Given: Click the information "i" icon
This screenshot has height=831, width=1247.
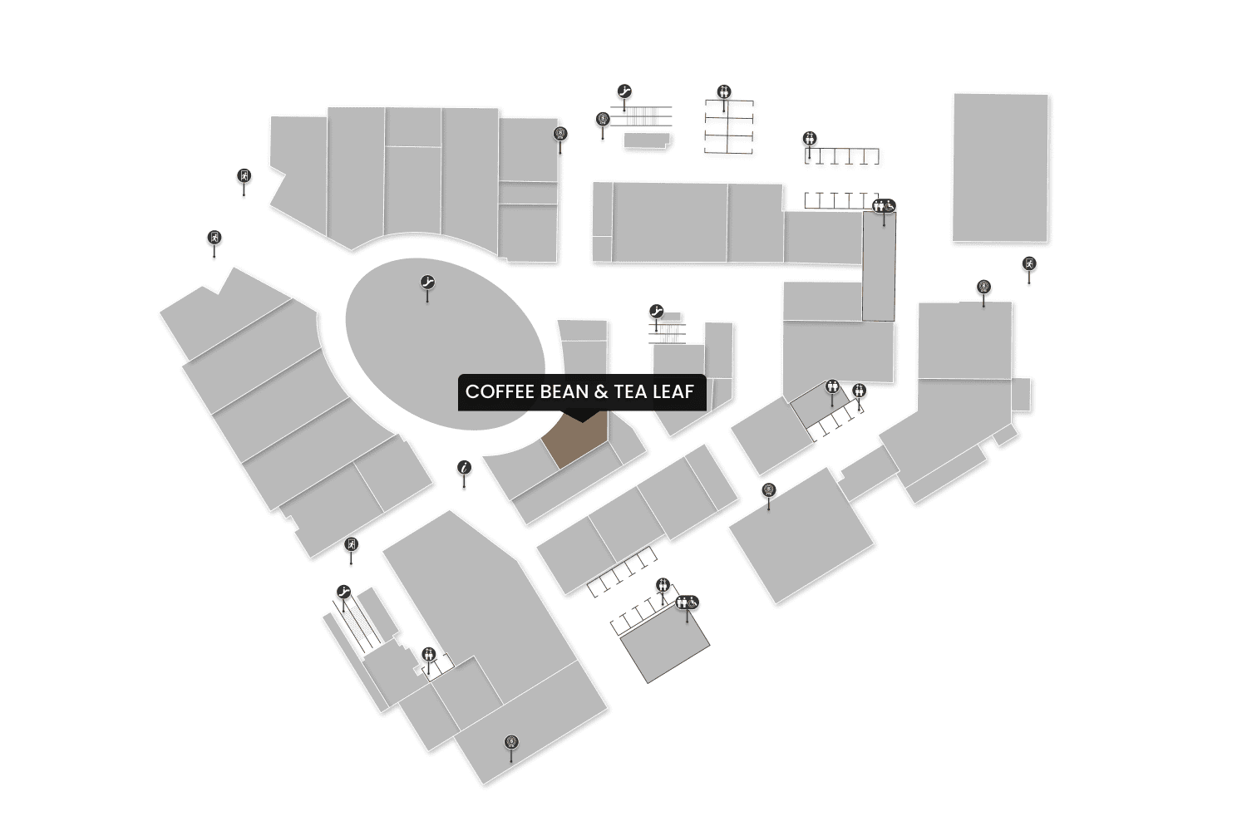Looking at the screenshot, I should tap(465, 469).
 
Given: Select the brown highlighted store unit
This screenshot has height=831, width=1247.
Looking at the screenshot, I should tap(575, 441).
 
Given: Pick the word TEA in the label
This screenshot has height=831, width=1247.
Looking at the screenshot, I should tap(630, 391).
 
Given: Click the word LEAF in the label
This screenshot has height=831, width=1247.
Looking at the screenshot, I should tap(673, 391).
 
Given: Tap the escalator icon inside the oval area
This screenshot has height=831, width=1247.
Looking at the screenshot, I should tap(428, 283).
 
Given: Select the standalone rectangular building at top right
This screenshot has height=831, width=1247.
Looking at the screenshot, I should tap(1000, 167).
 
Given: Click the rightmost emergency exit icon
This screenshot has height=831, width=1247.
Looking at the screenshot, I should tap(1029, 263).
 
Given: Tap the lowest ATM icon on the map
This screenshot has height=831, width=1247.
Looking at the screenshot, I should tap(511, 742).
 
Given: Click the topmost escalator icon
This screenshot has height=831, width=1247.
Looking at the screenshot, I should tap(624, 91).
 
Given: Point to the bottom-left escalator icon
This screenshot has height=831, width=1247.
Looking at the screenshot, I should tap(344, 593).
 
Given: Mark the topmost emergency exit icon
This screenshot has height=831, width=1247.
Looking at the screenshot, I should tap(244, 175).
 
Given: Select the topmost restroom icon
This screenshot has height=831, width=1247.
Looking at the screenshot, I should tap(724, 91).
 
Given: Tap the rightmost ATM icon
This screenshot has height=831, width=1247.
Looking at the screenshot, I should tap(983, 288).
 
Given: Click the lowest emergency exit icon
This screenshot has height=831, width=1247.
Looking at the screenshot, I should tap(352, 545).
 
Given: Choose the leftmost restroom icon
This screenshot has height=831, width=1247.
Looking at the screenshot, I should tap(428, 654).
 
